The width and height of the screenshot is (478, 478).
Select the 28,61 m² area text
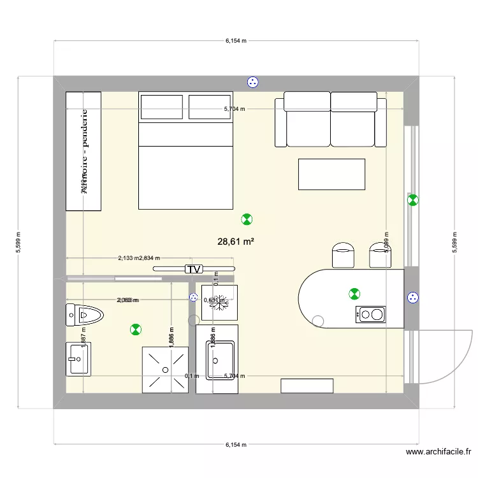tap(236, 242)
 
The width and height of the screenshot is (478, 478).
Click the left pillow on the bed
tap(162, 107)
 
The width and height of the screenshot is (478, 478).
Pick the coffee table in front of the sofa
tap(331, 174)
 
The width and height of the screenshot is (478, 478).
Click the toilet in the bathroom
tap(84, 314)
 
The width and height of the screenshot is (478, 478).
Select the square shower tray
tap(165, 370)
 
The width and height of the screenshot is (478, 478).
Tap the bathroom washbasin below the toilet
tap(79, 359)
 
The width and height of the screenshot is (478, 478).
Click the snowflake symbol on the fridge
tap(220, 302)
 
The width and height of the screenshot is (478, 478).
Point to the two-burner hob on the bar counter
tap(371, 314)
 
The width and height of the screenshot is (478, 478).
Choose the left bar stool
tap(344, 254)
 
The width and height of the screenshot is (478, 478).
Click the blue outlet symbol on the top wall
tap(253, 82)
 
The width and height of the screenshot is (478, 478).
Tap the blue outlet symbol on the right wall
tap(413, 297)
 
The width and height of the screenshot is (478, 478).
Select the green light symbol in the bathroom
tap(135, 330)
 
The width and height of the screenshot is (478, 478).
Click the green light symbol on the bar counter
tap(354, 294)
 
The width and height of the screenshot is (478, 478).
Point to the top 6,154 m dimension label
tap(236, 41)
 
